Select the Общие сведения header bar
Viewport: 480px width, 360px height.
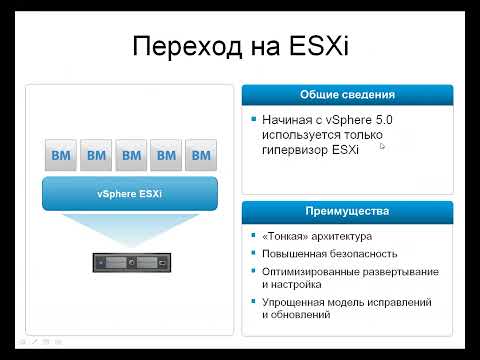(347, 95)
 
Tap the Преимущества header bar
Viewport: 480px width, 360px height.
(347, 212)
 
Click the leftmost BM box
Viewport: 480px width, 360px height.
(61, 155)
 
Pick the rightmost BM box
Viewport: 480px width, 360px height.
(201, 155)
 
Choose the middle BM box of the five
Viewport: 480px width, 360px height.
(131, 155)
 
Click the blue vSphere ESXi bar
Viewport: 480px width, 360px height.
(131, 193)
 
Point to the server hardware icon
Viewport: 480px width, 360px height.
(131, 262)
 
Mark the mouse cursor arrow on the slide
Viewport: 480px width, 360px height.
(383, 146)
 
